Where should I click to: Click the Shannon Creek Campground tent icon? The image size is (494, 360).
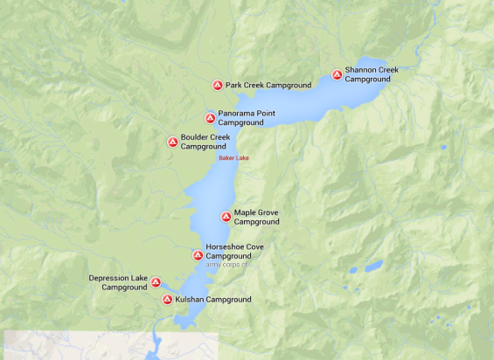click(x=337, y=74)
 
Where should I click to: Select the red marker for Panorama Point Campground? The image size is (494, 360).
click(x=210, y=118)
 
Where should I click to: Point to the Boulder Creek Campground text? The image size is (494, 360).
click(x=205, y=142)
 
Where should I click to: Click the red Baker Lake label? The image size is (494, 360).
click(x=233, y=158)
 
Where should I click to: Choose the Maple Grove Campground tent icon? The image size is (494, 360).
click(x=226, y=217)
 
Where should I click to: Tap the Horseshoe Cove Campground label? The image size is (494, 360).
click(x=233, y=252)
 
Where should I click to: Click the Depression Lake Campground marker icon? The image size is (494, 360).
click(x=156, y=282)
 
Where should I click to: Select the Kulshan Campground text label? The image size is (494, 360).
click(x=212, y=300)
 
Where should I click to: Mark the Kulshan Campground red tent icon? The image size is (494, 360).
click(x=167, y=300)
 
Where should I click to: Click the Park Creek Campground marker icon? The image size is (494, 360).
click(x=217, y=86)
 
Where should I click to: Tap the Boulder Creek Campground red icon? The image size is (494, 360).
click(x=172, y=142)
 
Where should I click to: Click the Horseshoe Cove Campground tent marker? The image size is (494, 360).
click(x=198, y=256)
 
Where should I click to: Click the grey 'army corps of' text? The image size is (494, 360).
click(x=227, y=265)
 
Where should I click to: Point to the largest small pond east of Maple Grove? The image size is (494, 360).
click(x=373, y=266)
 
